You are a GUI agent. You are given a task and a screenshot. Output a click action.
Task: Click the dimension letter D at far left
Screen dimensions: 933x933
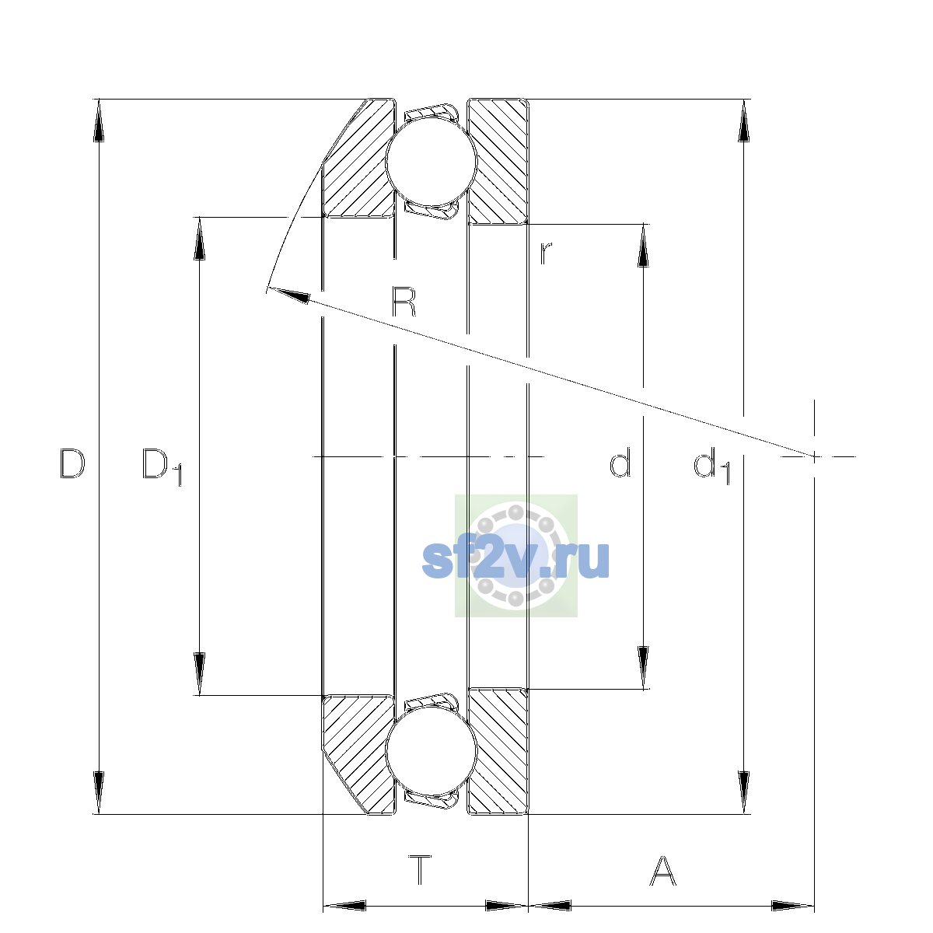(72, 464)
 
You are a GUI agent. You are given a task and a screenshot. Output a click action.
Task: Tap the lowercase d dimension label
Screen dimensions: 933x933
(620, 463)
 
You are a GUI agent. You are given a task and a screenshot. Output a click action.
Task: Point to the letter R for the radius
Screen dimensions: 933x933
(404, 301)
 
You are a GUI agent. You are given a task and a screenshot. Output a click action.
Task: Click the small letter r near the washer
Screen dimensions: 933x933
(546, 253)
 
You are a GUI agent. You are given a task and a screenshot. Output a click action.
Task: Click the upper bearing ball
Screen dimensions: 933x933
(432, 162)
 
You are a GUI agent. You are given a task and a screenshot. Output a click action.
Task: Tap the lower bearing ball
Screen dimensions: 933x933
(432, 751)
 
